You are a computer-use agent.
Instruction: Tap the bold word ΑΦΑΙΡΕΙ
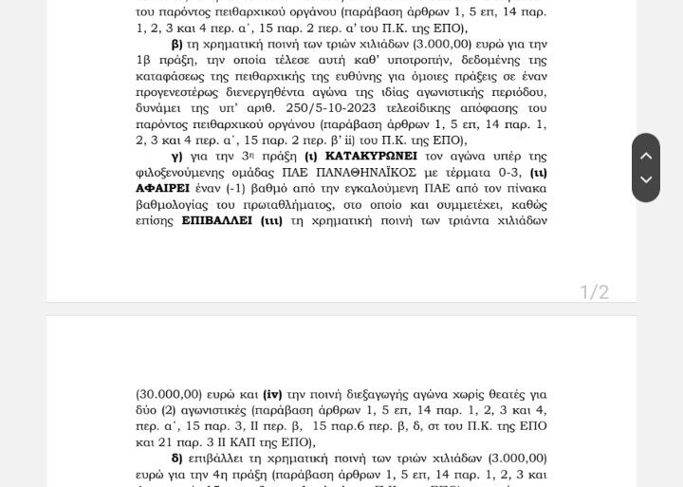[165, 188]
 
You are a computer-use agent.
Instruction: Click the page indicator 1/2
[595, 291]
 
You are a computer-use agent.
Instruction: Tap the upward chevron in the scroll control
[646, 156]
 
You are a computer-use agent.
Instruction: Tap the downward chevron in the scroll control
[646, 179]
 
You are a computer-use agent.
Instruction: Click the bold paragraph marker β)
[176, 44]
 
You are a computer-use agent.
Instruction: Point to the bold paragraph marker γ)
[175, 156]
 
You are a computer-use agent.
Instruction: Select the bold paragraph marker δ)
[176, 458]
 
